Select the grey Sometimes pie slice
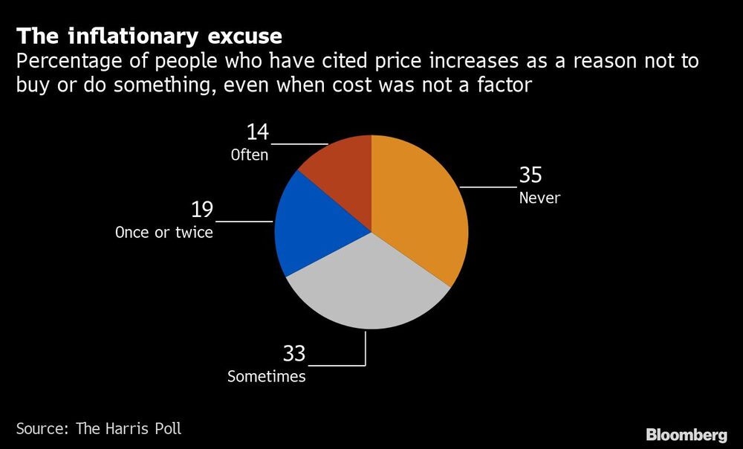tap(368, 290)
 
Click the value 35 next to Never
tap(531, 175)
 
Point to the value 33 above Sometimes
tap(293, 353)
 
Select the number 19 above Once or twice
tap(201, 210)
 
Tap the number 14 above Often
tap(257, 132)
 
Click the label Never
tap(539, 198)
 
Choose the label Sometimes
tap(266, 377)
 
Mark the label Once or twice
tap(164, 233)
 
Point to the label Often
tap(248, 155)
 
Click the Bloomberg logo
tap(687, 435)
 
